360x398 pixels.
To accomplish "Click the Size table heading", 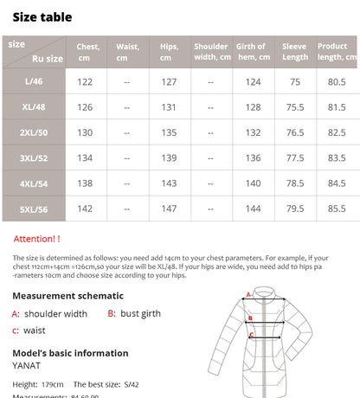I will [42, 17].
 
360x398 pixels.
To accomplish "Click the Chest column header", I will [87, 53].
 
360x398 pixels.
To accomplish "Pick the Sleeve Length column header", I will [295, 53].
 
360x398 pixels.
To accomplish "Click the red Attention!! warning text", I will [37, 238].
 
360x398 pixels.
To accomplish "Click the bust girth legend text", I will [145, 314].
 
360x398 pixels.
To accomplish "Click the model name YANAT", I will [26, 365].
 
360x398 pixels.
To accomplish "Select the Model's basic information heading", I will [70, 353].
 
